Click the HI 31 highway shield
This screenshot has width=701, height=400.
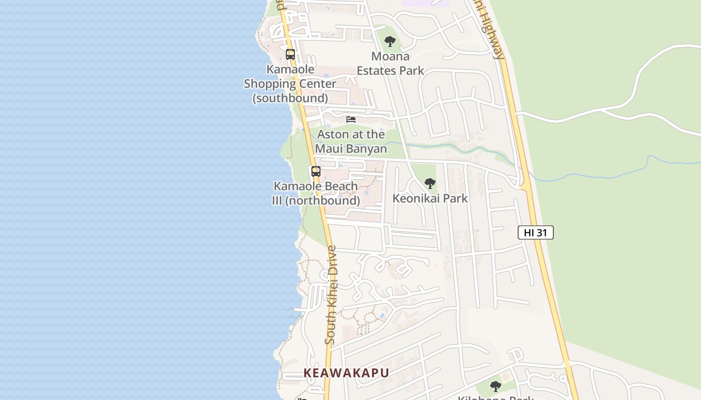(x=535, y=232)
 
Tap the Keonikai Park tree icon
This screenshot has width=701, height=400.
(x=430, y=183)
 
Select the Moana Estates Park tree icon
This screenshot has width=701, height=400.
(x=390, y=41)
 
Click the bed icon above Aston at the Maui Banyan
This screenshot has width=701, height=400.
(x=351, y=119)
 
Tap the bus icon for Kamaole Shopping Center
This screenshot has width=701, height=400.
(x=290, y=54)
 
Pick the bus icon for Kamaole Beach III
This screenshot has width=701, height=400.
(x=315, y=171)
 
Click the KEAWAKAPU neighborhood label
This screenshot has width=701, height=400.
(x=346, y=373)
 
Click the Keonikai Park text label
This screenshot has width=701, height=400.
(x=430, y=198)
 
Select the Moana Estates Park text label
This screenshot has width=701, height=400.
(x=390, y=63)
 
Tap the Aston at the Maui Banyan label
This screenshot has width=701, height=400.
(x=350, y=141)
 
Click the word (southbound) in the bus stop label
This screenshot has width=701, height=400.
(x=290, y=98)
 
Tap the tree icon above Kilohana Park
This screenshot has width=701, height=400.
(x=495, y=386)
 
